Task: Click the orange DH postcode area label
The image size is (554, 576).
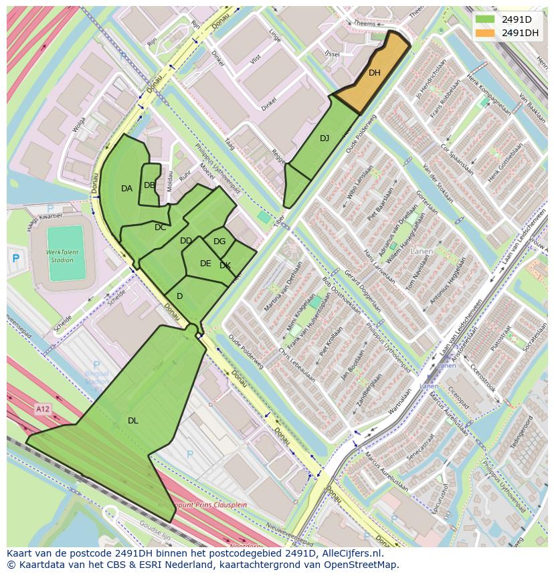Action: click(374, 73)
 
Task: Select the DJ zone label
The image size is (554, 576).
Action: click(325, 138)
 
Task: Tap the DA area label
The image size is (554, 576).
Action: click(126, 189)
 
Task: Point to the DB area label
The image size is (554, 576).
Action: click(149, 185)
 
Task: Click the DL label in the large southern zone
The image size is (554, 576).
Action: click(133, 421)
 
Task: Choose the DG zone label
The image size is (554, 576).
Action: click(219, 242)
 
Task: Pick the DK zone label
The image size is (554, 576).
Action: click(225, 266)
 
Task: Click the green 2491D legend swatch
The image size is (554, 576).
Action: click(484, 19)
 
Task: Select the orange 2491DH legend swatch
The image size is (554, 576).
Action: click(484, 32)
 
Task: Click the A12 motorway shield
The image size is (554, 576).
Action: click(43, 408)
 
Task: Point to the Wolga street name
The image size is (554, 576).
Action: click(80, 126)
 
